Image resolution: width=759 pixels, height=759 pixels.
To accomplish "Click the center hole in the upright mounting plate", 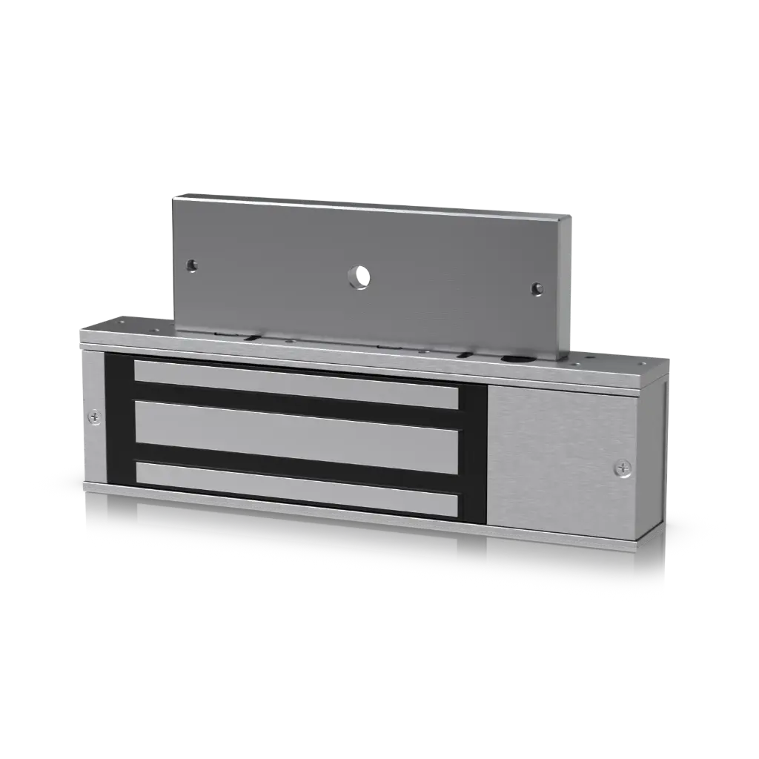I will pos(359,277).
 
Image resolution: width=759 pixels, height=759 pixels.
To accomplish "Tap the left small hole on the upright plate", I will pos(192,265).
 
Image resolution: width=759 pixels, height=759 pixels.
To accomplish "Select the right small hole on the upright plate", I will pos(537,289).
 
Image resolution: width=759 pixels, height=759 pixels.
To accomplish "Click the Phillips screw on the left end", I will pos(94,418).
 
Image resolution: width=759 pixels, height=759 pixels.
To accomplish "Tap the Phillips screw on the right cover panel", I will pos(623,468).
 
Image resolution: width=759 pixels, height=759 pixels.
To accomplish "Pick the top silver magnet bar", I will pos(296,384).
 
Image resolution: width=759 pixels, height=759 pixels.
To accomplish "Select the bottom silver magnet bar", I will pos(296,488).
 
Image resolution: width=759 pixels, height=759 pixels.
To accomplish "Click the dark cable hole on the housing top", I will pos(511,358).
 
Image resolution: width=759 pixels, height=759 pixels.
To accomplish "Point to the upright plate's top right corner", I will pos(571,216).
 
